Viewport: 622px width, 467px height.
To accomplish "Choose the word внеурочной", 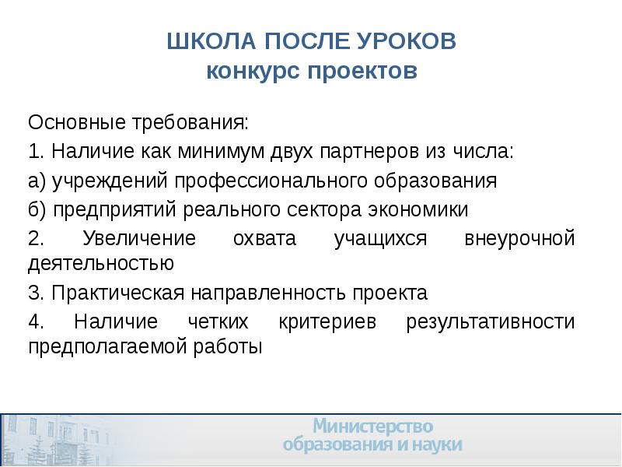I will tap(519, 238).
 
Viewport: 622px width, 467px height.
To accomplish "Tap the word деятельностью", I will tap(100, 263).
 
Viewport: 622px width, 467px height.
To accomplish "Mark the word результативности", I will tap(491, 321).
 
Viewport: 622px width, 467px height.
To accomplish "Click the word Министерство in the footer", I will tap(372, 426).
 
